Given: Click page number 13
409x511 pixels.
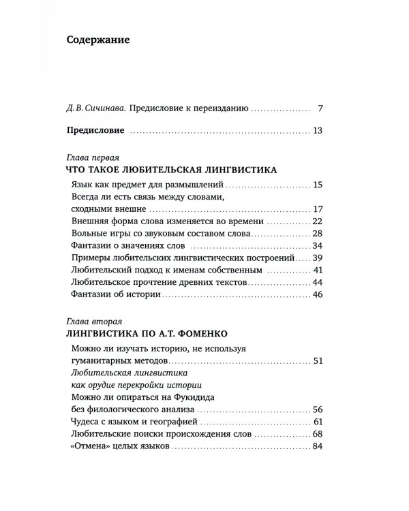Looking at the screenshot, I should click(x=316, y=130).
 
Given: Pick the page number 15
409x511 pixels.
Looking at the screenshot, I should click(x=316, y=185).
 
